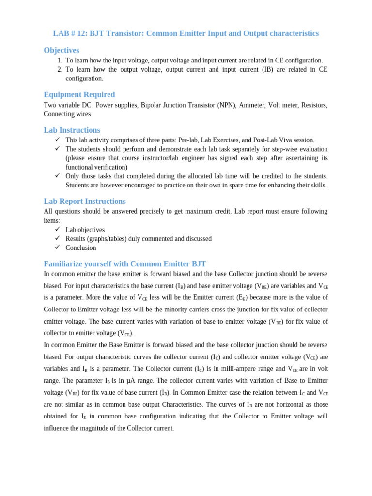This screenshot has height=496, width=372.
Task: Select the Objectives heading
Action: point(62,50)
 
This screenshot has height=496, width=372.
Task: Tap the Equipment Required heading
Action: point(79,94)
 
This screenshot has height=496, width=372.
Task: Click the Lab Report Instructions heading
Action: point(85,201)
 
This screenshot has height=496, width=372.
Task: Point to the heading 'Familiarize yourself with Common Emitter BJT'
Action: point(125,264)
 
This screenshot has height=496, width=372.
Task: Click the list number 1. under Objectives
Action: point(60,61)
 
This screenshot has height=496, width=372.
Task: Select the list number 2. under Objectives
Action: point(60,69)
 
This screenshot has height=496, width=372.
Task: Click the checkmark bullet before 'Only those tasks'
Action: point(57,176)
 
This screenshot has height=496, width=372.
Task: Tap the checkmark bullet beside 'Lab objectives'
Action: point(57,229)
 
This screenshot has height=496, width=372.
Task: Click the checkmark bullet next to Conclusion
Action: point(57,247)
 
